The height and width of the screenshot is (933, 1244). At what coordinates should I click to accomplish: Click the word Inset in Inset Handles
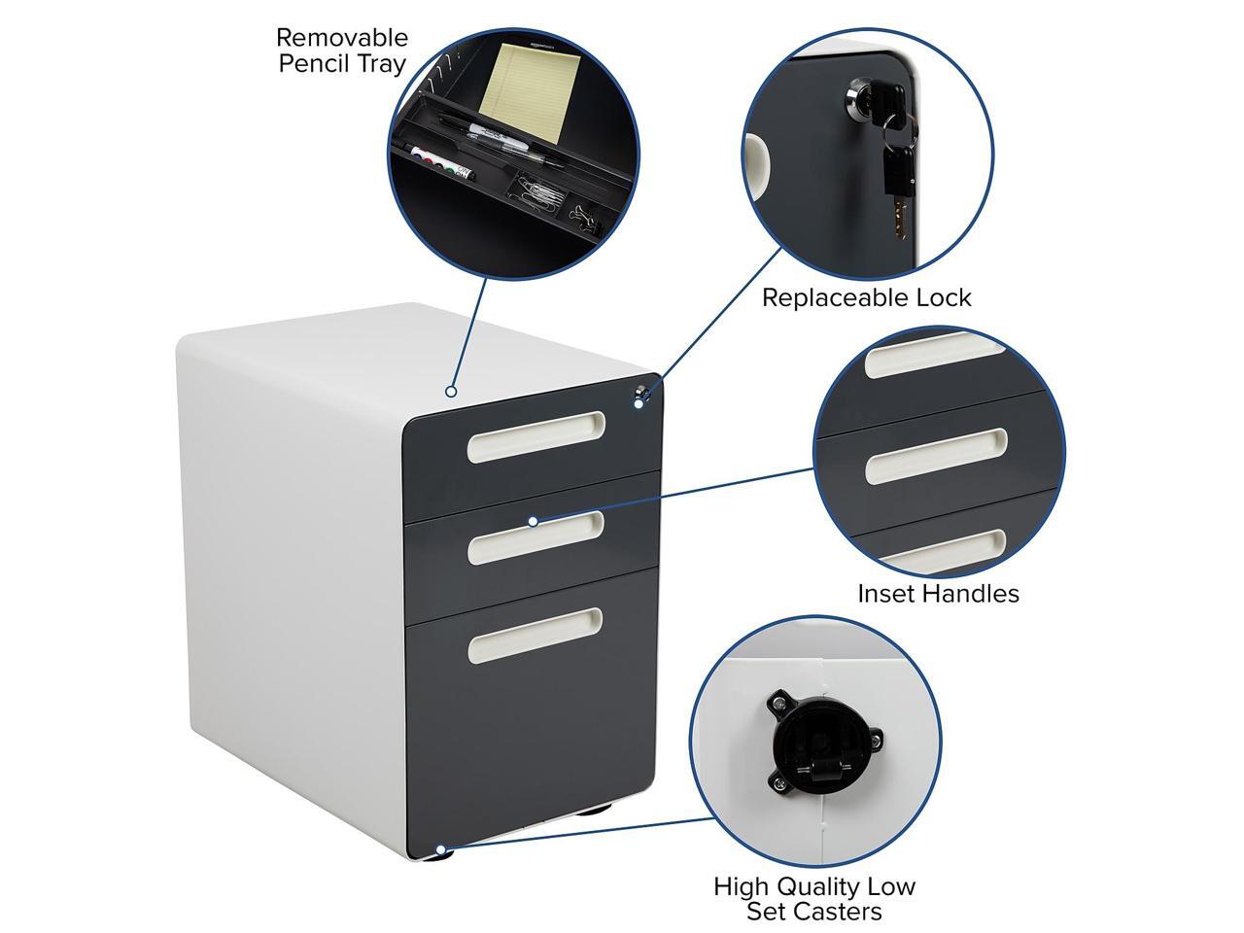[887, 593]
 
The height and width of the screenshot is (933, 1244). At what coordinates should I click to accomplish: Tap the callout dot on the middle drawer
[533, 521]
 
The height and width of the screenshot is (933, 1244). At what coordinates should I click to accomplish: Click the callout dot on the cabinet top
[451, 392]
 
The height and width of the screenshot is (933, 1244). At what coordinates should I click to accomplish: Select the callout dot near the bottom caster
[440, 848]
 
